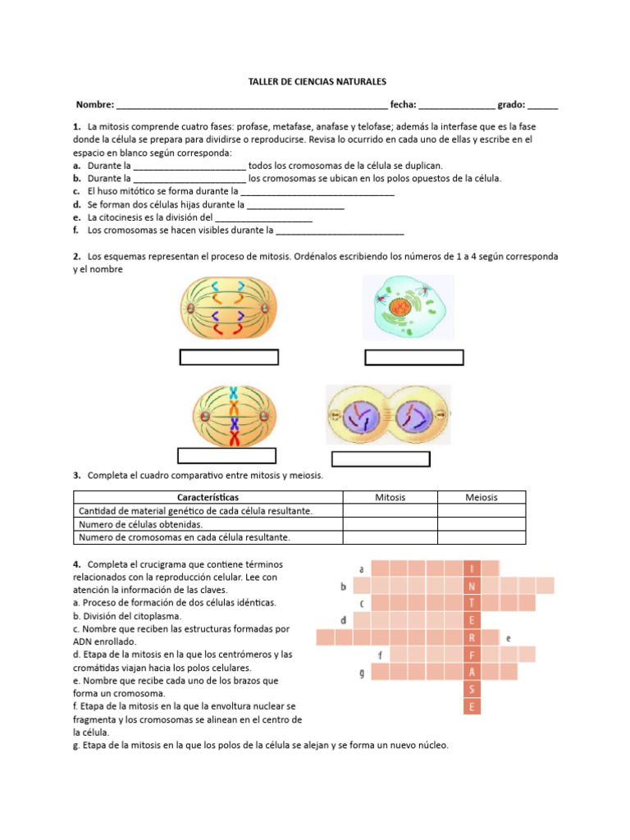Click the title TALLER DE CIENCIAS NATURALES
pos(317,83)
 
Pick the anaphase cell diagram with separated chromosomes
pos(229,309)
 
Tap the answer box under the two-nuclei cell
pos(380,459)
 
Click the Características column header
pos(208,497)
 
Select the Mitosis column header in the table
pos(390,497)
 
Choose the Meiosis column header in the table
pos(482,497)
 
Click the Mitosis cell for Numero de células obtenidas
pos(390,524)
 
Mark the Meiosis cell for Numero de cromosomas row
pos(482,537)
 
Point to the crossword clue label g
pos(362,673)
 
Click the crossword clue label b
pos(343,586)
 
